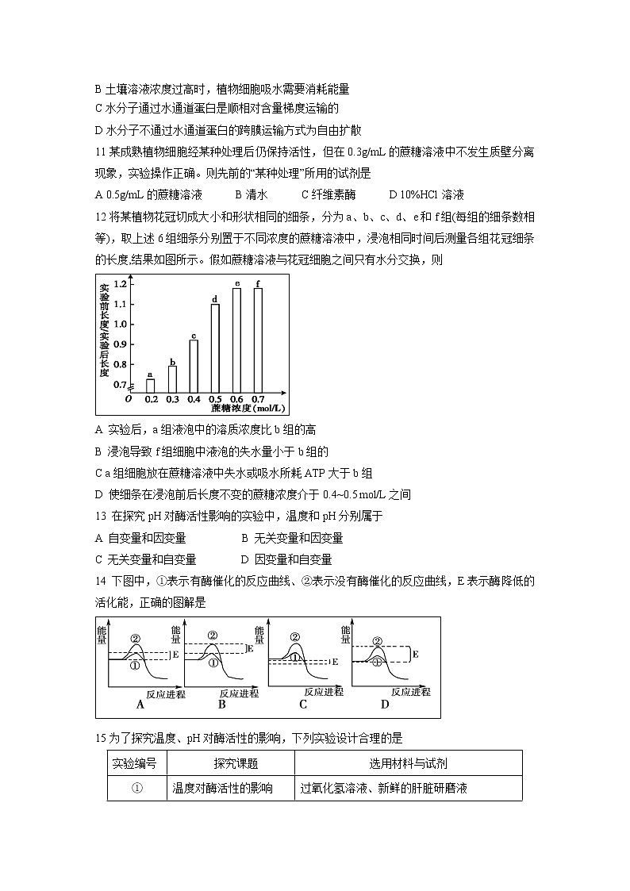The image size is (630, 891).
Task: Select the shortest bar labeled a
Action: (x=151, y=386)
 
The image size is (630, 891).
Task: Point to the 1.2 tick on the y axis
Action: (x=121, y=284)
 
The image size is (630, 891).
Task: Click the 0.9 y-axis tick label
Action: (x=121, y=344)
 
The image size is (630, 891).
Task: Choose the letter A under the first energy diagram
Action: (x=140, y=704)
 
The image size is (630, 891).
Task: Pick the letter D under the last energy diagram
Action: (x=385, y=704)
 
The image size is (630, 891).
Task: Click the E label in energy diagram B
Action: (x=251, y=648)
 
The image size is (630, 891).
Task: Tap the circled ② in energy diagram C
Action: (x=295, y=636)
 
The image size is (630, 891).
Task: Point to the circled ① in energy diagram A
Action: (x=135, y=665)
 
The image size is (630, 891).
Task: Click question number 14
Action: (x=100, y=582)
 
